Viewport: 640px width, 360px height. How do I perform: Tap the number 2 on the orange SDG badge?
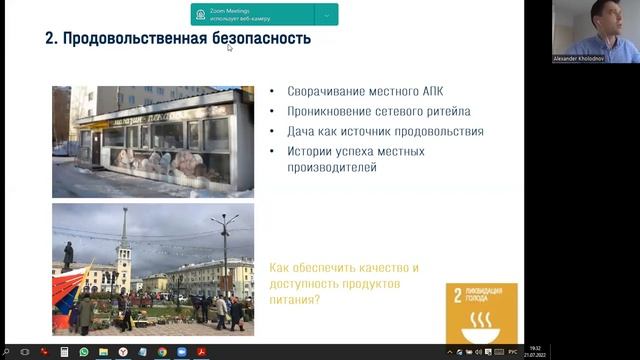coord(458,295)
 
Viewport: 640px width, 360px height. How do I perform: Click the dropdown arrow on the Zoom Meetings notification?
coord(326,14)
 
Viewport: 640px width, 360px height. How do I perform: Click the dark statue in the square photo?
coord(68,257)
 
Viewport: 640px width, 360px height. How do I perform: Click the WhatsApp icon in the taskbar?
coord(84,351)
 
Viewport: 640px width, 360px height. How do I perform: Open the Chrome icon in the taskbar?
coord(162,351)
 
